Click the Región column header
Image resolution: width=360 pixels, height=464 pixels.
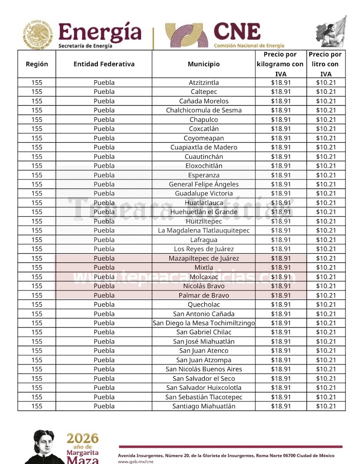click(x=37, y=64)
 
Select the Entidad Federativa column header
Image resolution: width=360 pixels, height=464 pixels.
click(x=104, y=64)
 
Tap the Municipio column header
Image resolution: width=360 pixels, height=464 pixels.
click(x=203, y=64)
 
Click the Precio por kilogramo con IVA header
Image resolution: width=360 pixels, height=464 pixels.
click(x=280, y=64)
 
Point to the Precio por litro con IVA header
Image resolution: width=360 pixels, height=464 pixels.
click(x=326, y=64)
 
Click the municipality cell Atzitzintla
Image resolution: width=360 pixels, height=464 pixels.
click(x=203, y=82)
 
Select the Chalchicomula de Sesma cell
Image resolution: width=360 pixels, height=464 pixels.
click(x=203, y=110)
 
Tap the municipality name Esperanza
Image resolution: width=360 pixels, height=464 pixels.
click(x=203, y=175)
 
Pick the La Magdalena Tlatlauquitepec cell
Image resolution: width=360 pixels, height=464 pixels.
click(x=203, y=231)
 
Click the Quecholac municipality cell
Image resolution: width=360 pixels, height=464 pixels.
click(x=203, y=304)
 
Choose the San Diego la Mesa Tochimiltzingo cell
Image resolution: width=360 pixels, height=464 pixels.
click(x=203, y=323)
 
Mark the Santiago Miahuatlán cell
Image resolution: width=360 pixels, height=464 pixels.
click(x=203, y=406)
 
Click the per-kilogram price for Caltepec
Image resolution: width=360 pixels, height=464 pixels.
click(x=280, y=92)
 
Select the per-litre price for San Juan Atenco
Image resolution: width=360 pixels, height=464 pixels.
click(x=326, y=351)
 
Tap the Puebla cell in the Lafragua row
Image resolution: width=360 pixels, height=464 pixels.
click(x=104, y=240)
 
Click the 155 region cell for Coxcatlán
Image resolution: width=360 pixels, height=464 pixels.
click(x=37, y=129)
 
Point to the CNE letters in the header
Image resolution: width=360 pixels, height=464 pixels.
click(x=237, y=32)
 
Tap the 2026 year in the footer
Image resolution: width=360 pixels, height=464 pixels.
click(x=82, y=438)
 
